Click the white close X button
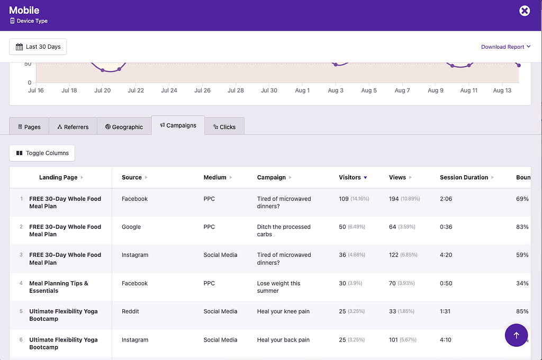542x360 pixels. click(x=524, y=11)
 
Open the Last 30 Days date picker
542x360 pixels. click(x=38, y=47)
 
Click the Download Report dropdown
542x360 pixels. click(x=505, y=47)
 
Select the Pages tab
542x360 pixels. click(x=29, y=127)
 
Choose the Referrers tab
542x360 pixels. click(x=73, y=127)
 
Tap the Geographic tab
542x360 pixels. click(x=124, y=127)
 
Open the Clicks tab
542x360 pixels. click(x=224, y=127)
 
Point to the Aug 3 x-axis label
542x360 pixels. click(x=336, y=91)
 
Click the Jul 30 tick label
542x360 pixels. click(x=269, y=91)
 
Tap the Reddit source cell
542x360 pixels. click(x=130, y=311)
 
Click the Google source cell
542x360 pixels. click(x=131, y=227)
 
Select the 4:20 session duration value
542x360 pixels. click(x=446, y=255)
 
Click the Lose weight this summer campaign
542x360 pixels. click(x=279, y=287)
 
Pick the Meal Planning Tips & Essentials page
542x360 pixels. click(x=58, y=287)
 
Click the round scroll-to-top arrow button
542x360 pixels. click(x=516, y=335)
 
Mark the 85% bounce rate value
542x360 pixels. click(x=522, y=311)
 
